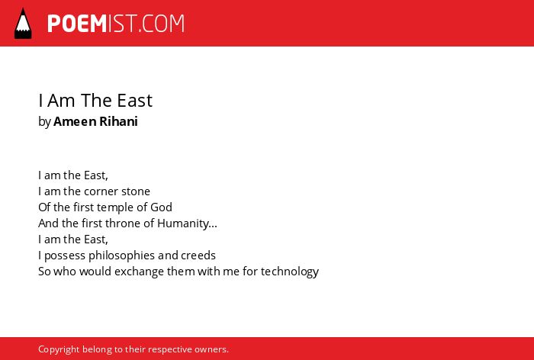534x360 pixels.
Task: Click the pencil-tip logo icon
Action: [x=23, y=24]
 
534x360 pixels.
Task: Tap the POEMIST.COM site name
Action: [x=116, y=24]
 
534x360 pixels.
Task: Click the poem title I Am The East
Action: [x=95, y=101]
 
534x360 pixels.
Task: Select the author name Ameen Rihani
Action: [x=95, y=121]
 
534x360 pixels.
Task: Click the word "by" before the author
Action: [x=44, y=122]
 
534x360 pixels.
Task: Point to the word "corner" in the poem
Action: [x=105, y=191]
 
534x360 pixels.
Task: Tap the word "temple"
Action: [x=121, y=207]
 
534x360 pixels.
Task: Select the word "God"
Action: [x=162, y=207]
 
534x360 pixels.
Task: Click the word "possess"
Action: [x=65, y=256]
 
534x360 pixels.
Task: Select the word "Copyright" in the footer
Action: [x=59, y=350]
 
